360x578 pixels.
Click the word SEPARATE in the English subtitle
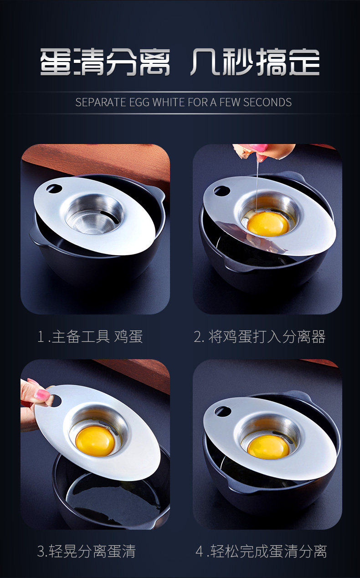(101, 102)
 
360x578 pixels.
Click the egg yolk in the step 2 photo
(268, 223)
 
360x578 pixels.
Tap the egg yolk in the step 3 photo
(95, 441)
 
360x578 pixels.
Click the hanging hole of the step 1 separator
(54, 188)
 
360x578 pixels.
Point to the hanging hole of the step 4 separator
(223, 411)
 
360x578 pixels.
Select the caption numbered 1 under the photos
(90, 336)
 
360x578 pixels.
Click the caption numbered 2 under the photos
(259, 336)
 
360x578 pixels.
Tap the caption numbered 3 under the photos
(87, 551)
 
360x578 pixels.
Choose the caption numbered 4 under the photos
(261, 551)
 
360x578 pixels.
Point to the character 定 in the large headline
(304, 62)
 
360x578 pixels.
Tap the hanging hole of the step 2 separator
(222, 191)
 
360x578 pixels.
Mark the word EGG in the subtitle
(139, 102)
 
